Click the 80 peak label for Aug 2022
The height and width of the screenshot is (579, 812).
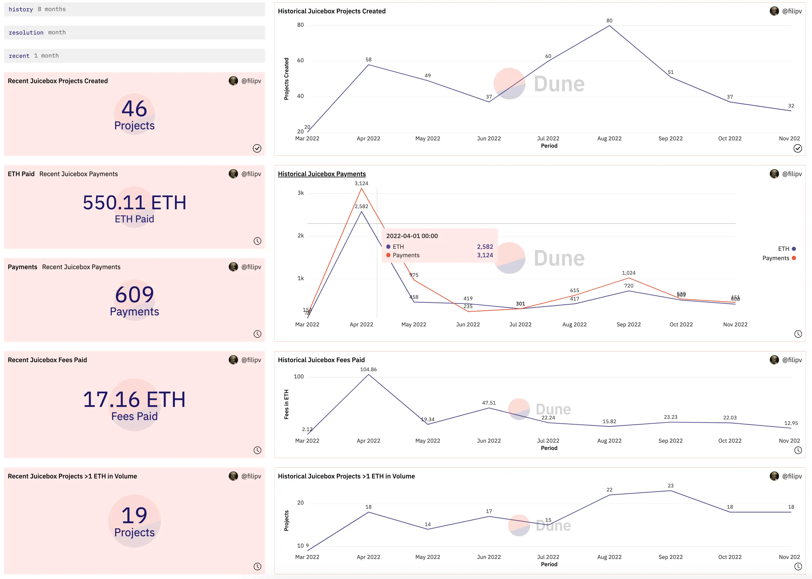[609, 21]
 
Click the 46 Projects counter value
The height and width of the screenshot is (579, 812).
[134, 109]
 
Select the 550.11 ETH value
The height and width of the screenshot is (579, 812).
[134, 203]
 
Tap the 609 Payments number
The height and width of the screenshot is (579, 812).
[134, 294]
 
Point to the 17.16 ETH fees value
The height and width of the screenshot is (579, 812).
[134, 399]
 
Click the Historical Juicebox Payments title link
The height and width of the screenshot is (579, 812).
[321, 174]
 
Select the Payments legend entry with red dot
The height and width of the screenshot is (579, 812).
[779, 258]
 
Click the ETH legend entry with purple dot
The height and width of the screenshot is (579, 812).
[786, 249]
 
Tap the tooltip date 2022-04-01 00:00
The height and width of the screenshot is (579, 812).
[412, 236]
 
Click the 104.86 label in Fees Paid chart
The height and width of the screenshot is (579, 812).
[368, 369]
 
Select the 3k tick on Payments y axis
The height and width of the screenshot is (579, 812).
[301, 193]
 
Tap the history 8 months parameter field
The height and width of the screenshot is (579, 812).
[134, 9]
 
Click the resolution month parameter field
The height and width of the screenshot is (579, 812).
[134, 33]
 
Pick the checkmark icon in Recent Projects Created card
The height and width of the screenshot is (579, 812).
[257, 148]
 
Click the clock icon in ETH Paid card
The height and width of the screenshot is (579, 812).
[257, 241]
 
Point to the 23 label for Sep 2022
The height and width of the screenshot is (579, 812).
[670, 486]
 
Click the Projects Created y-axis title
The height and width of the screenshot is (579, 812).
[286, 78]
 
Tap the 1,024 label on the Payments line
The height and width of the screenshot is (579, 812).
[628, 273]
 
